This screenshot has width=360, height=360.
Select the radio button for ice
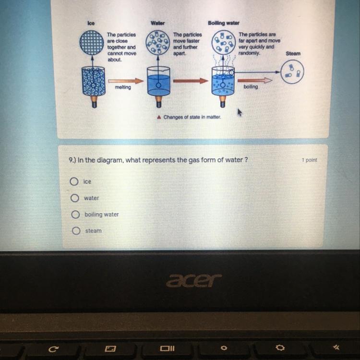click(74, 181)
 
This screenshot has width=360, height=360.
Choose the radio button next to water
click(74, 198)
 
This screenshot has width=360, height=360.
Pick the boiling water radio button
click(75, 215)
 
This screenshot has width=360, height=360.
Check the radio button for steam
click(76, 231)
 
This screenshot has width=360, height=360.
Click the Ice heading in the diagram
click(91, 23)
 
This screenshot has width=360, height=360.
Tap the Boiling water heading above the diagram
click(224, 23)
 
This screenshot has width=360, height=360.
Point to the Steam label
click(293, 53)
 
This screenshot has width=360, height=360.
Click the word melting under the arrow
click(123, 87)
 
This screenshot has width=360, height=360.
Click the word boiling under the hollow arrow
click(251, 87)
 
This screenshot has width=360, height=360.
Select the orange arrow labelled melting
click(126, 81)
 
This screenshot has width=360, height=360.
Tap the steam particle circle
click(292, 72)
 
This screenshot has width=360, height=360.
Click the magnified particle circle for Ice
click(92, 43)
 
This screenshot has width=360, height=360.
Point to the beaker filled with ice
click(94, 81)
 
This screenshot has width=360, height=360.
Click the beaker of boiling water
click(223, 81)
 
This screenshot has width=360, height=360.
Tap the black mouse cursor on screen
click(240, 112)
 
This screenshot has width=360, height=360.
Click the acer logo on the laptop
click(194, 280)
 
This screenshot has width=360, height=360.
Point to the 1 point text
click(310, 160)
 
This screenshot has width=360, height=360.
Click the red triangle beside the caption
click(159, 117)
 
